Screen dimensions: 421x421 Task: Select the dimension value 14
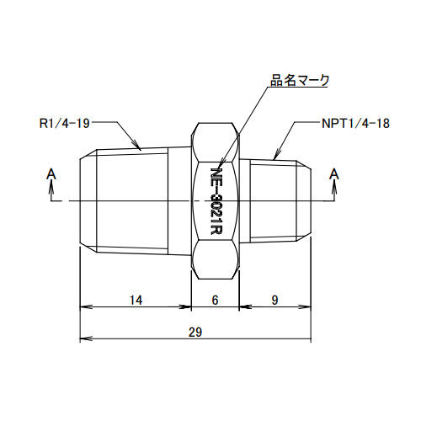(135, 300)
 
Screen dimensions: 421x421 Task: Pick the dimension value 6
(215, 300)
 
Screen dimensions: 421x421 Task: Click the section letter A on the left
(52, 174)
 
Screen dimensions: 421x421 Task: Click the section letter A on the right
(335, 174)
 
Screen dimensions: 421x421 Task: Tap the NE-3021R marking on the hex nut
(215, 202)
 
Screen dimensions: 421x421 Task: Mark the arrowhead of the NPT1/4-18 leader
(275, 157)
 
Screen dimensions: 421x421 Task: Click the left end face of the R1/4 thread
(80, 201)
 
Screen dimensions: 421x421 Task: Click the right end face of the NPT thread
(313, 201)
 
